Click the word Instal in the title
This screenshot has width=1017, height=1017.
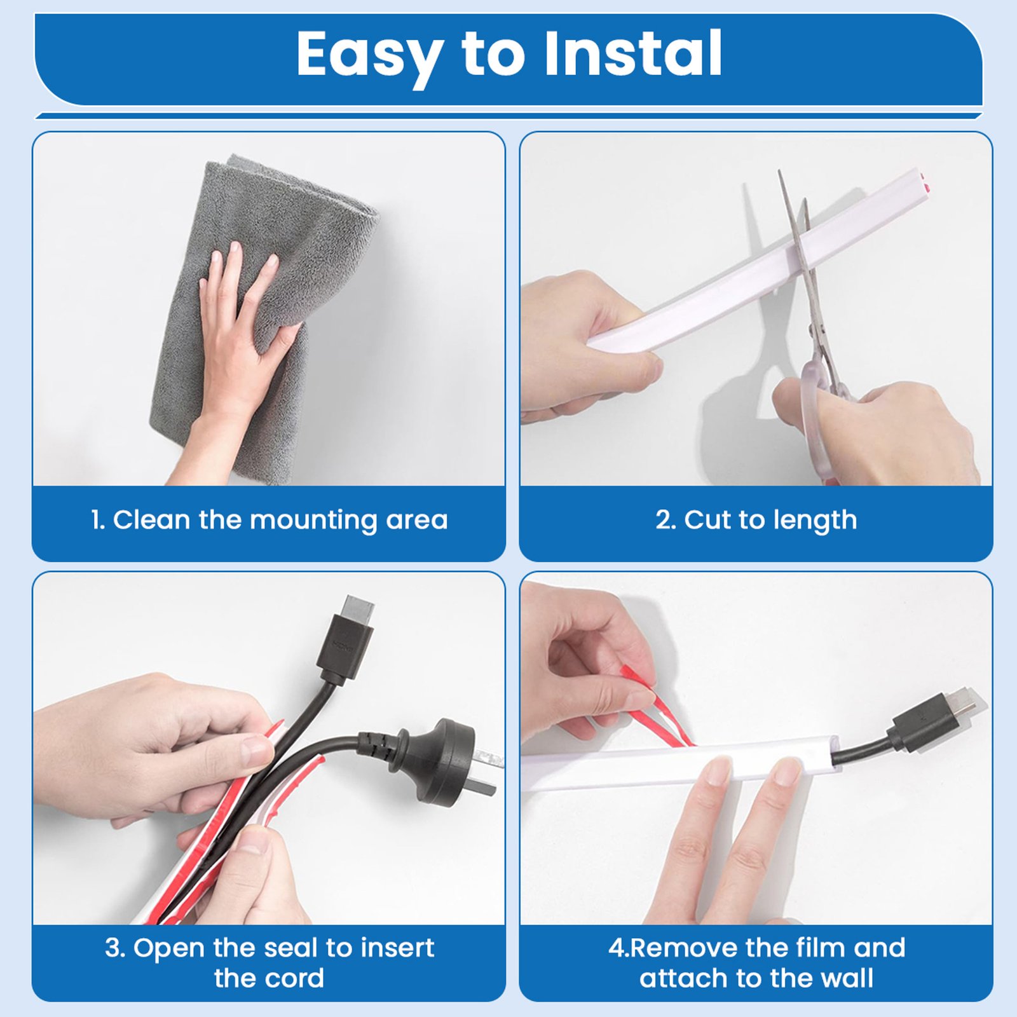tap(633, 53)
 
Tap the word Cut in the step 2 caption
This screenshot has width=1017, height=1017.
tap(705, 520)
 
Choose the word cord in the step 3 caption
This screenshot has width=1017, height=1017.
tap(293, 978)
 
